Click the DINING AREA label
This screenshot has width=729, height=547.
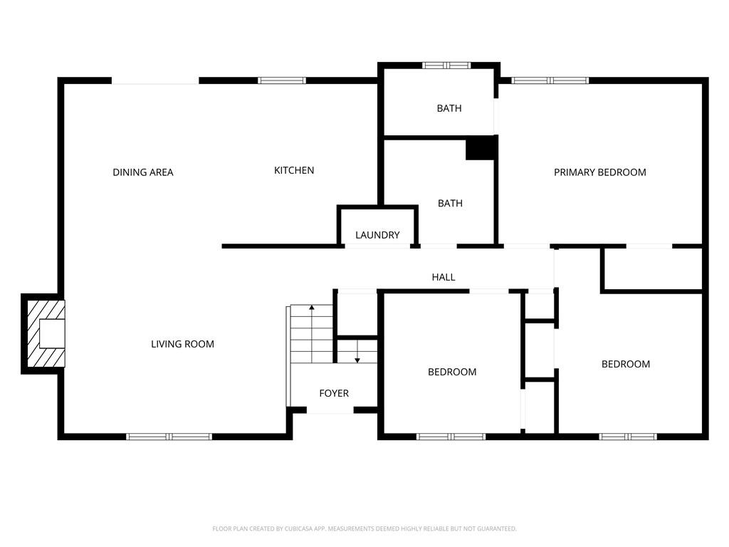point(143,172)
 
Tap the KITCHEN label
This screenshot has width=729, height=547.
point(294,170)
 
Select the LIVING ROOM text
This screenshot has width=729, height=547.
point(182,344)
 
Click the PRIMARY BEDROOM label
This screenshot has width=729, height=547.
point(600,172)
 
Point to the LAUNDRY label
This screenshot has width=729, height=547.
point(377,235)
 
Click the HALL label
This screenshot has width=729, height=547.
point(444,277)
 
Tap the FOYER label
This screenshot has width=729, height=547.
point(334,393)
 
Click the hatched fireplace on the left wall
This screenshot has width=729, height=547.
point(44,333)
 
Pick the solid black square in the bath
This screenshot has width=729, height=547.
point(481,148)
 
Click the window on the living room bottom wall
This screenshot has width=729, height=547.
point(169,437)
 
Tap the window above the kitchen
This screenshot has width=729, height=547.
point(282,80)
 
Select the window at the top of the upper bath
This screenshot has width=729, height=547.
point(446,66)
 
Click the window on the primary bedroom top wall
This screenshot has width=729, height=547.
point(550,80)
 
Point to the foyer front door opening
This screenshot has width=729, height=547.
point(330,411)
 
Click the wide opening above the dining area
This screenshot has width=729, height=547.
point(155,81)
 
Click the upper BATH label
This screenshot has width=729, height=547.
point(449,108)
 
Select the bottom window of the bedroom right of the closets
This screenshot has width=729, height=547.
point(628,437)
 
